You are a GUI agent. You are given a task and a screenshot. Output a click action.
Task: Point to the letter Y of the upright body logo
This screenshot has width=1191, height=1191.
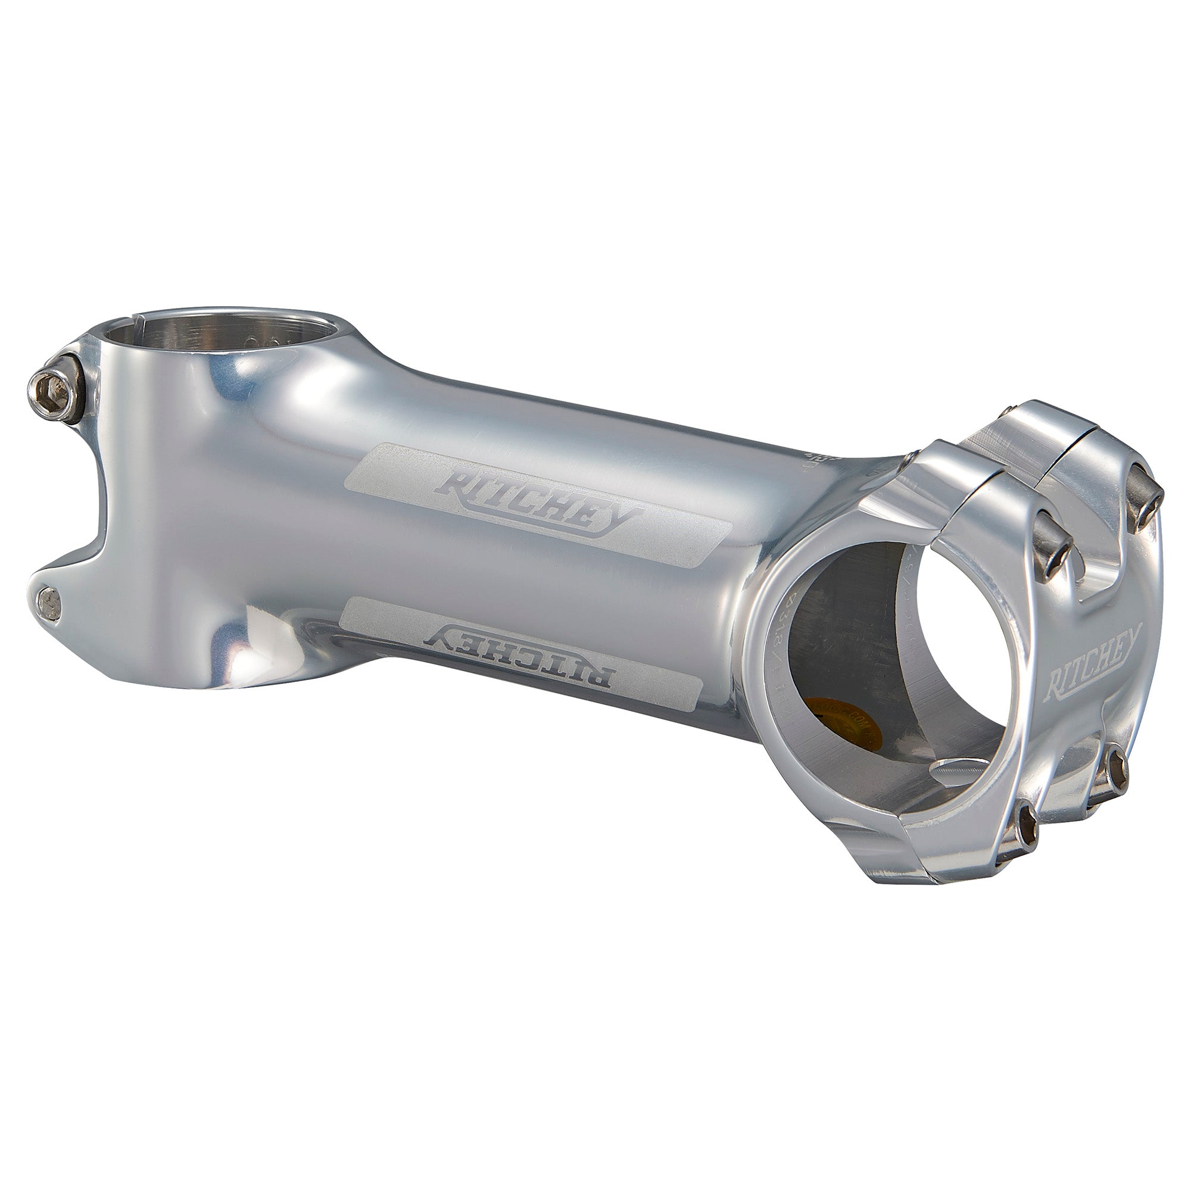click(x=623, y=522)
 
